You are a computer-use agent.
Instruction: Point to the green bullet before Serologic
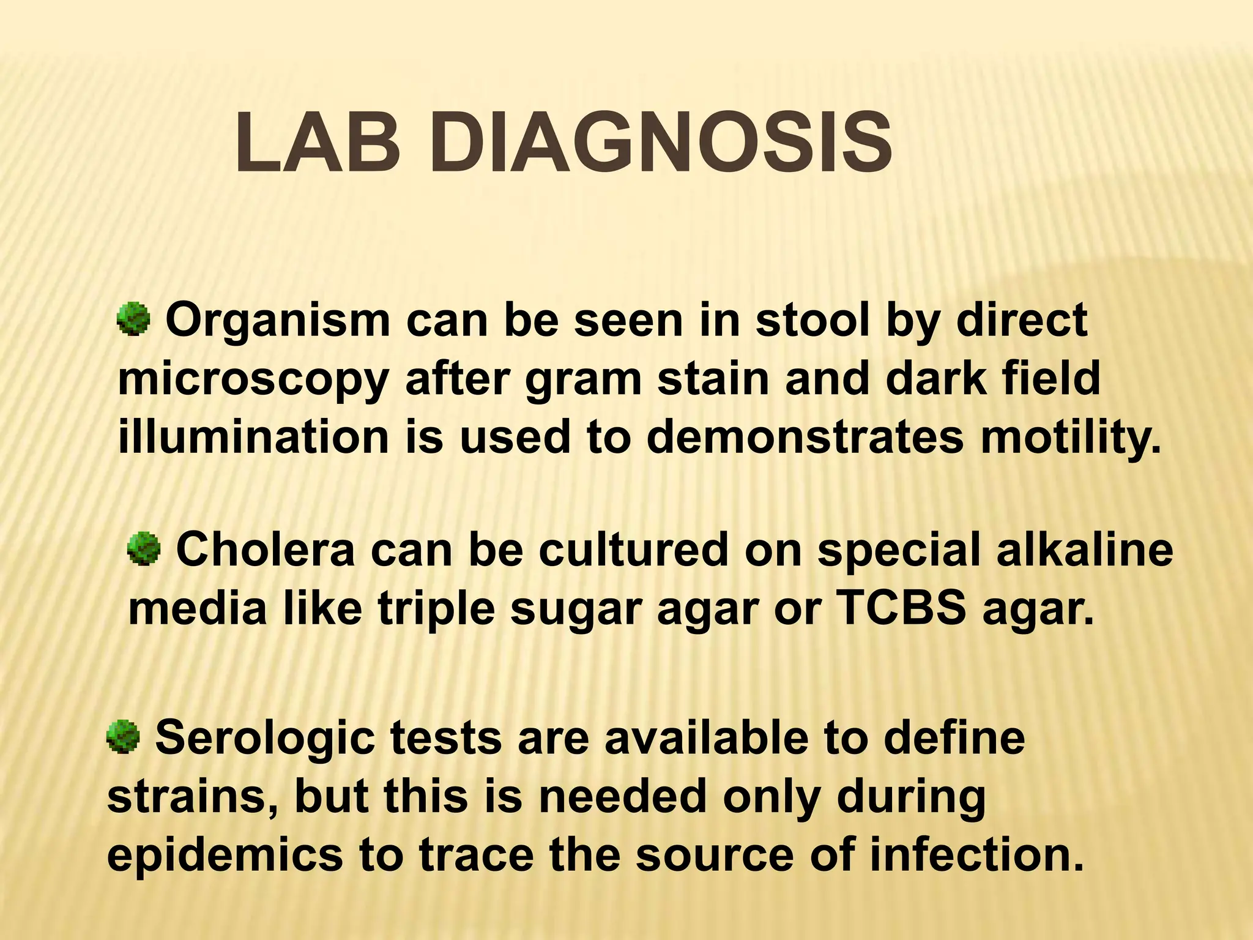coord(123,737)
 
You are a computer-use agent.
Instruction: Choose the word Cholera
coord(266,550)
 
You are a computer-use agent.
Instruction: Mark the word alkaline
coord(1085,550)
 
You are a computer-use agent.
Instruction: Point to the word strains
coord(192,797)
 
